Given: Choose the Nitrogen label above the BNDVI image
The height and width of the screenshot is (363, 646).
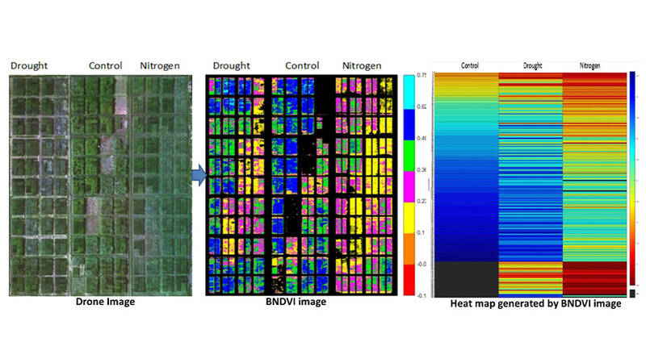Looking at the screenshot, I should [358, 65].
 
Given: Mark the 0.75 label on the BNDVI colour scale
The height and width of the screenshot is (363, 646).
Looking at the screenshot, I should [422, 74].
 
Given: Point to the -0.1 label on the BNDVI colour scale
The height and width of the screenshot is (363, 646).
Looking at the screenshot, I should [422, 295].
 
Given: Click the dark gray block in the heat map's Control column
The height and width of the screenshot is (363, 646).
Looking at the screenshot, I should [466, 278].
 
